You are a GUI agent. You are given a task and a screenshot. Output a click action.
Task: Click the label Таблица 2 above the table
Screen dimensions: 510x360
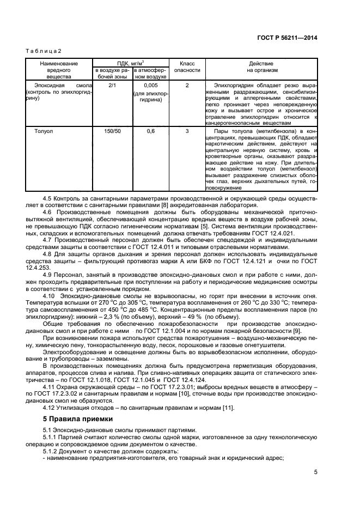[x=44, y=51]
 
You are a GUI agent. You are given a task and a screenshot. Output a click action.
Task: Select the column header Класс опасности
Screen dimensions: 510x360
[x=187, y=67]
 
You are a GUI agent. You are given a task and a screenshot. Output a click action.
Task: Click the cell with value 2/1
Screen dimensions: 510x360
[x=112, y=86]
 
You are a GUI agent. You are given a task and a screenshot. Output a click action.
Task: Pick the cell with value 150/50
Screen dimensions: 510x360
[x=112, y=131]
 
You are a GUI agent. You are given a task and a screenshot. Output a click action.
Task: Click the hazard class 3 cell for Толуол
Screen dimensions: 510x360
[x=187, y=131]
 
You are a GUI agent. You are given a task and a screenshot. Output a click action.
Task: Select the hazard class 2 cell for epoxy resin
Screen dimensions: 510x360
[x=187, y=86]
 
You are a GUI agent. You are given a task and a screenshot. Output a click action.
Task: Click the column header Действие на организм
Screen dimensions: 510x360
[x=262, y=67]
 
